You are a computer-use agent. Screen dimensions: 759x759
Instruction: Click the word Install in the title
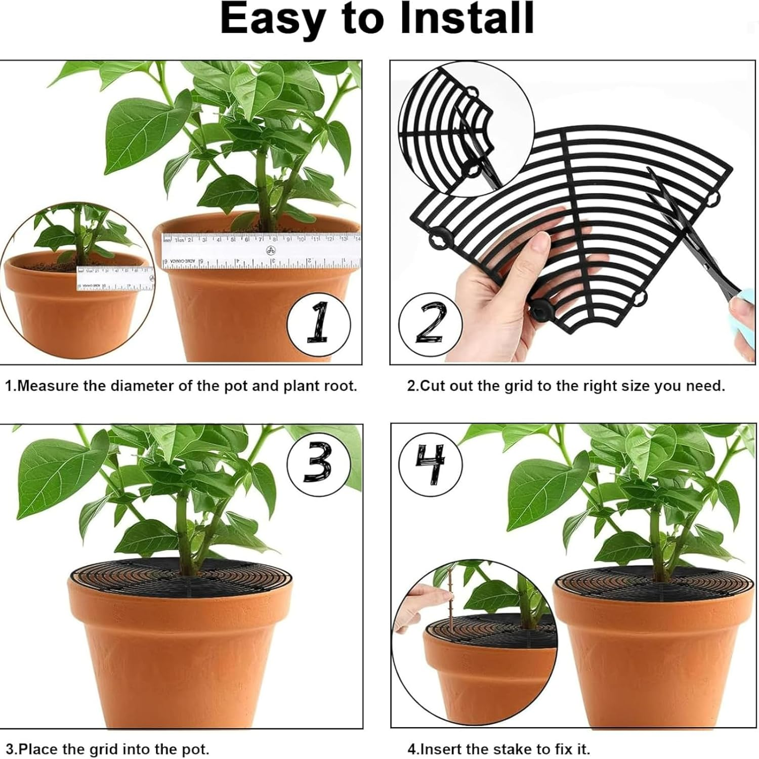[467, 19]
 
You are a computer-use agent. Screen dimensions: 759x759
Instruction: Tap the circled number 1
[318, 323]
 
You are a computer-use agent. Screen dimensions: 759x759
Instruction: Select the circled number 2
[431, 323]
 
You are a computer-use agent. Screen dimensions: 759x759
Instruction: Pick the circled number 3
[318, 463]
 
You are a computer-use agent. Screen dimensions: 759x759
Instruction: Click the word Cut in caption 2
[432, 386]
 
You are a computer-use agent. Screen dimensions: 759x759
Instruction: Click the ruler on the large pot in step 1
[261, 249]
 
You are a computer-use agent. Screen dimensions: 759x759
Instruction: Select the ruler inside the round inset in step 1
[115, 278]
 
